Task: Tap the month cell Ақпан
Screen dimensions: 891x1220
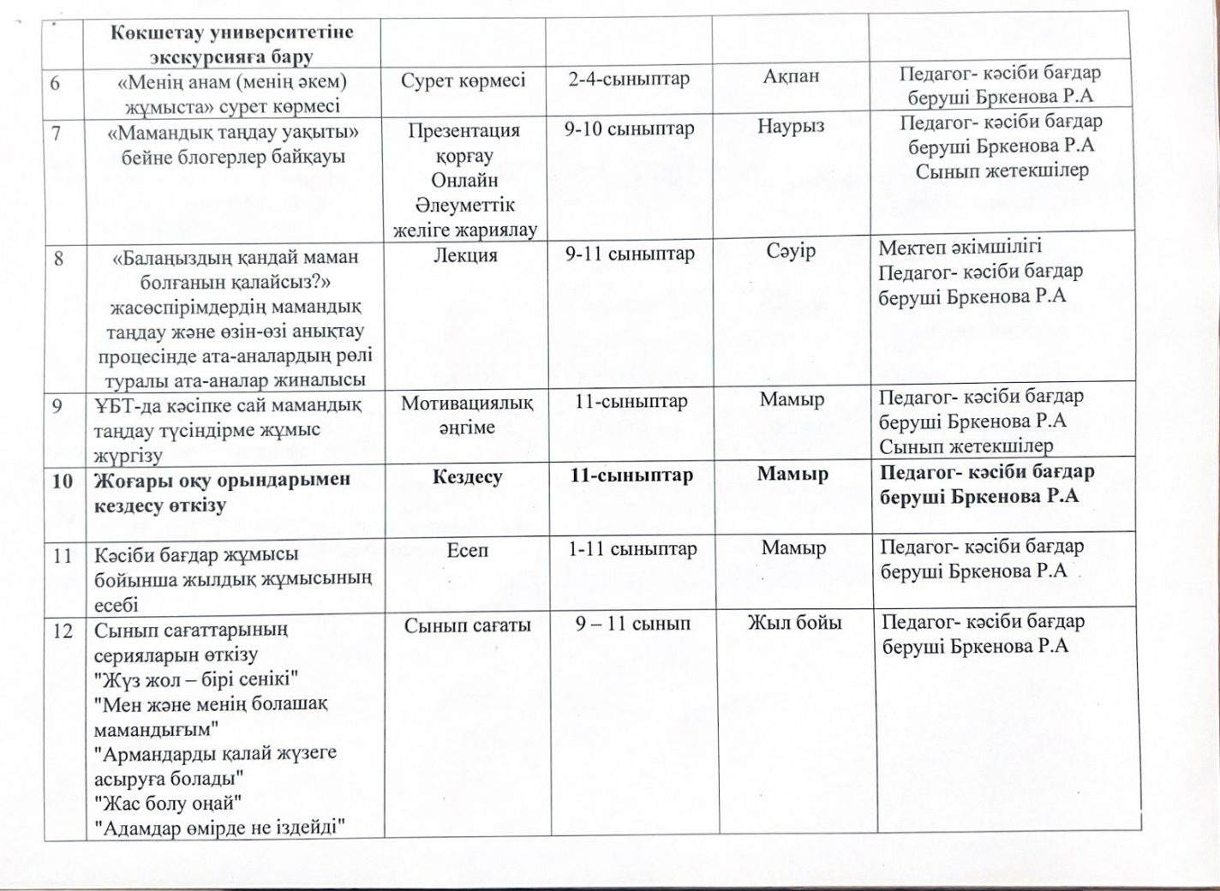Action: click(x=791, y=76)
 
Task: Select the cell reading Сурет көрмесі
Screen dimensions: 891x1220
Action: click(x=463, y=81)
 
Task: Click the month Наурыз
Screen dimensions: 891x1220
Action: click(x=791, y=127)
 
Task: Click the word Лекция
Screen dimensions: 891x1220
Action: click(x=466, y=255)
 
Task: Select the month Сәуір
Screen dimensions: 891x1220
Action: click(x=791, y=252)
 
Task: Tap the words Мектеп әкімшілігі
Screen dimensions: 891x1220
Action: click(x=960, y=248)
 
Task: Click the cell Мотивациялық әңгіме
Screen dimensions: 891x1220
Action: click(x=468, y=415)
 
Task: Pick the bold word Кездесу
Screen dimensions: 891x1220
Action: click(x=467, y=477)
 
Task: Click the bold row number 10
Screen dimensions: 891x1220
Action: click(x=62, y=481)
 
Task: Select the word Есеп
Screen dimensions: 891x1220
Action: click(x=467, y=550)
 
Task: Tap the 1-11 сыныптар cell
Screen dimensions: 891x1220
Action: click(x=632, y=548)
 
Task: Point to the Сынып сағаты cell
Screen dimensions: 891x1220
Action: click(x=468, y=625)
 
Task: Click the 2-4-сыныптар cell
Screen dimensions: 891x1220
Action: click(x=629, y=80)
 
